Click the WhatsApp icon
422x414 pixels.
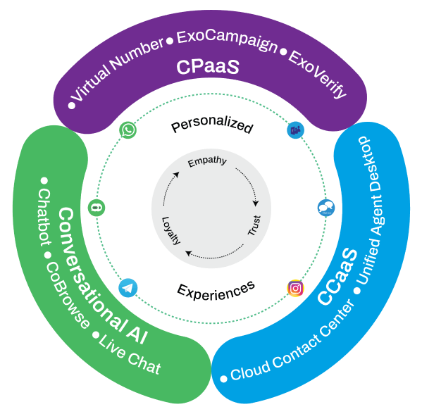coord(128,130)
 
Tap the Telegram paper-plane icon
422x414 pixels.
coord(128,288)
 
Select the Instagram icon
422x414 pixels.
coord(295,288)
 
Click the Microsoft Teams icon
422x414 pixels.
coord(295,130)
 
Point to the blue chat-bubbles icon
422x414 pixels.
coord(326,208)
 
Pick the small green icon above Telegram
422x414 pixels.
coord(97,208)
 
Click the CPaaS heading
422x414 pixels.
coord(208,67)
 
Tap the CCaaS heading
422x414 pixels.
coord(338,277)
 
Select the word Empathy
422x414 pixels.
coord(207,162)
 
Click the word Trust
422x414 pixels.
coord(254,225)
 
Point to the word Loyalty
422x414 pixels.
coord(171,231)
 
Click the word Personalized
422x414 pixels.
coord(212,125)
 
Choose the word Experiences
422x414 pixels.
coord(216,291)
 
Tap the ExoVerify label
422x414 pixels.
coord(318,74)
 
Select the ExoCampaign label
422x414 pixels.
coord(227,41)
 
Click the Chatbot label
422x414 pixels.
coord(44,218)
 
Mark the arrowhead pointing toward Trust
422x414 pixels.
coord(256,203)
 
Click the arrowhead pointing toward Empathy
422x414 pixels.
coord(176,175)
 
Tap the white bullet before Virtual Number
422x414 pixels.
coord(71,106)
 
